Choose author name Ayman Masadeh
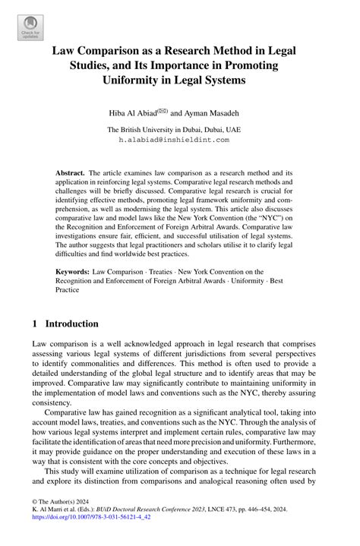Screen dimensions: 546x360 click(x=219, y=112)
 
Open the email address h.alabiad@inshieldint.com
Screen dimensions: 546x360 click(x=179, y=140)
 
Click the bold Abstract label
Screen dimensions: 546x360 click(x=70, y=173)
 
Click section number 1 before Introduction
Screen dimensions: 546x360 click(x=35, y=323)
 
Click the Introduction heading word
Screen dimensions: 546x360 click(x=71, y=323)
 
